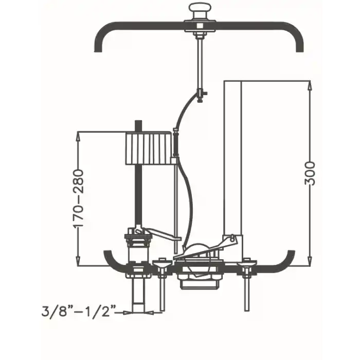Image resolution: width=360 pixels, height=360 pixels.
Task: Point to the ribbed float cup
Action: point(148,148)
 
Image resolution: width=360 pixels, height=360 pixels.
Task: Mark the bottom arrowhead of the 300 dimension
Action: point(310,261)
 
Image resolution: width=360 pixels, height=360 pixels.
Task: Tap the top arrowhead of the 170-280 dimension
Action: point(78,136)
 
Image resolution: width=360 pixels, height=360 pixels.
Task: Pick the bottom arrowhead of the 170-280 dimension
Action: point(78,261)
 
